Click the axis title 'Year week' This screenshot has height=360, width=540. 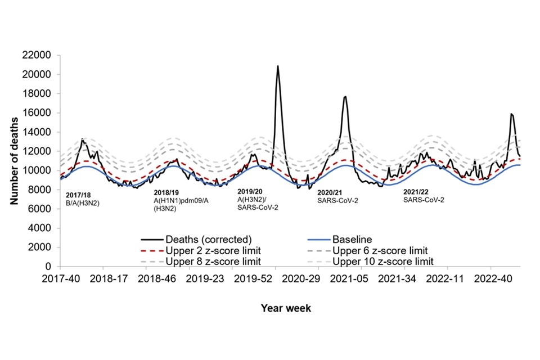tap(286, 308)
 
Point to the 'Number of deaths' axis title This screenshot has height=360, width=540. tap(16, 160)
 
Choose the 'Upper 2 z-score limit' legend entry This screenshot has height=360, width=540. tap(210, 250)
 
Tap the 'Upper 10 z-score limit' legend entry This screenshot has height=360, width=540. tap(383, 261)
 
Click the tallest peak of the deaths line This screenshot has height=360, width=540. tap(277, 66)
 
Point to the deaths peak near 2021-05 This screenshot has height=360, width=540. tap(345, 97)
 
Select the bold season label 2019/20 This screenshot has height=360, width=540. tap(251, 191)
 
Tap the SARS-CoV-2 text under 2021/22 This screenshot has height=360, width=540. tap(424, 199)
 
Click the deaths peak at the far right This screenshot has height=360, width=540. tap(511, 114)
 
